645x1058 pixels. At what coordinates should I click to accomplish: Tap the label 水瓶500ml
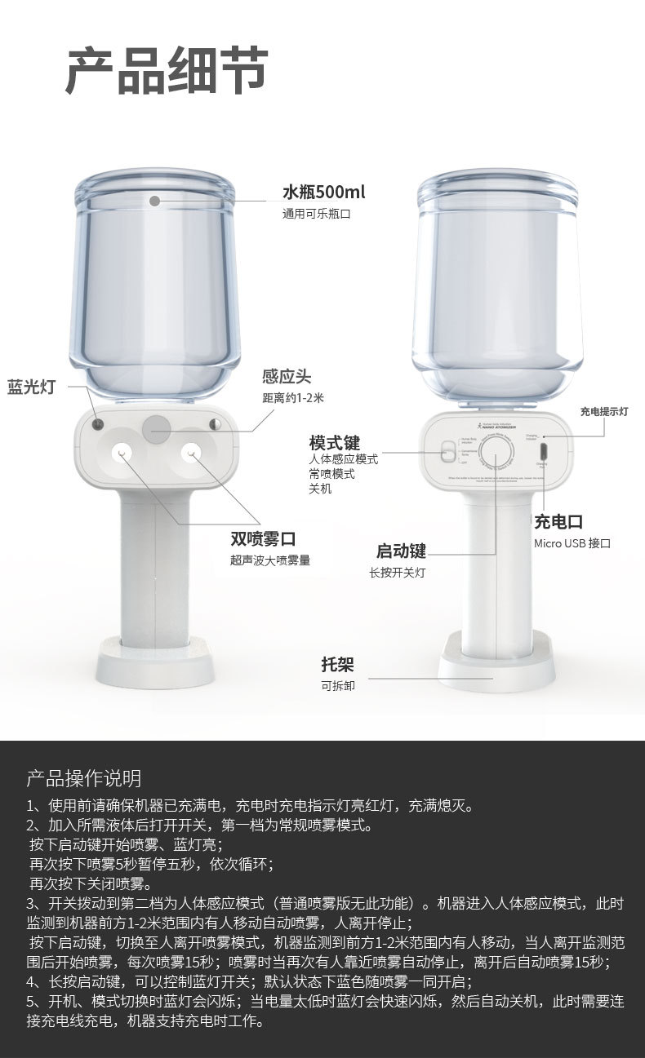tap(323, 193)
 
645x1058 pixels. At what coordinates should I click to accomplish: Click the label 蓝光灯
tap(31, 387)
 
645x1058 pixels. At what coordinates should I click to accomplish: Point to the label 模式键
tap(334, 443)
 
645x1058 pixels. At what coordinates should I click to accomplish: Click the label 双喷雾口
tap(262, 538)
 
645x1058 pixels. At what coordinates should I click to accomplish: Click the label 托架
tap(338, 664)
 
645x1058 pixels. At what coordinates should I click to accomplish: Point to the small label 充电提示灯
tap(604, 412)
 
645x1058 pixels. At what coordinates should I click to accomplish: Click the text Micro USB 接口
tap(572, 543)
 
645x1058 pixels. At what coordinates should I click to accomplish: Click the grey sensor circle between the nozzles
tap(157, 428)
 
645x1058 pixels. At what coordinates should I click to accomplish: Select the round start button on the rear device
tap(496, 455)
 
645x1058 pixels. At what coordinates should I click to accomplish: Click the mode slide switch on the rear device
tap(447, 451)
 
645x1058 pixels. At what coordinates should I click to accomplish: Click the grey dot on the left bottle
tap(155, 199)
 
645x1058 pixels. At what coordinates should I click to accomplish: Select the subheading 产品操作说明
tap(84, 777)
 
